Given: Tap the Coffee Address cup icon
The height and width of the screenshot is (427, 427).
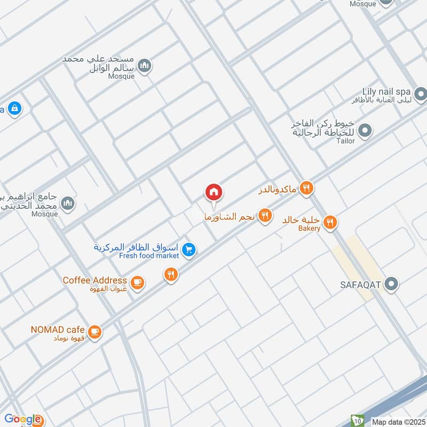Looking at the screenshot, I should coord(137,282).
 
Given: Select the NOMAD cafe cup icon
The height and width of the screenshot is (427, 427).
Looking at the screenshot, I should coord(94,332).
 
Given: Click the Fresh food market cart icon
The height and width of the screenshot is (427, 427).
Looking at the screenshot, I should coord(188,249).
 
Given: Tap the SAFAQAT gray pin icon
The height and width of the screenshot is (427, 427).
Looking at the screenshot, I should coord(392,284).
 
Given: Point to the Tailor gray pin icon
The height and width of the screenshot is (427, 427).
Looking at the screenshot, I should coord(365,130).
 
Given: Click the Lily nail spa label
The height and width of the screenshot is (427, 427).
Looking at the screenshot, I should coord(384,92).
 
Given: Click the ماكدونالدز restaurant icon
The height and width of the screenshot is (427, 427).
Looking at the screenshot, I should coord(306,188).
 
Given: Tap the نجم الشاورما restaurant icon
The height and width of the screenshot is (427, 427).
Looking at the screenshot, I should coord(265,216).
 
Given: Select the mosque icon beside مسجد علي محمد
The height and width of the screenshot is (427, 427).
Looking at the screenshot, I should coord(144,66).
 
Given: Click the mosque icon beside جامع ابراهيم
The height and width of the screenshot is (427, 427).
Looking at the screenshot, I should coord(67,203).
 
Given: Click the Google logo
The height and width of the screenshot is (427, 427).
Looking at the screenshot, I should coord(22,419).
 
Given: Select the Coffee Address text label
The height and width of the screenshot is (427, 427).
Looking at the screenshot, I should coord(94,280).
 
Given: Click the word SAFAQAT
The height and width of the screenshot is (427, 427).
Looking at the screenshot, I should coord(360,284).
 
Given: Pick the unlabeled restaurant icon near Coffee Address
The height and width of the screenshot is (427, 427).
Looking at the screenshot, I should coord(170,275).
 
